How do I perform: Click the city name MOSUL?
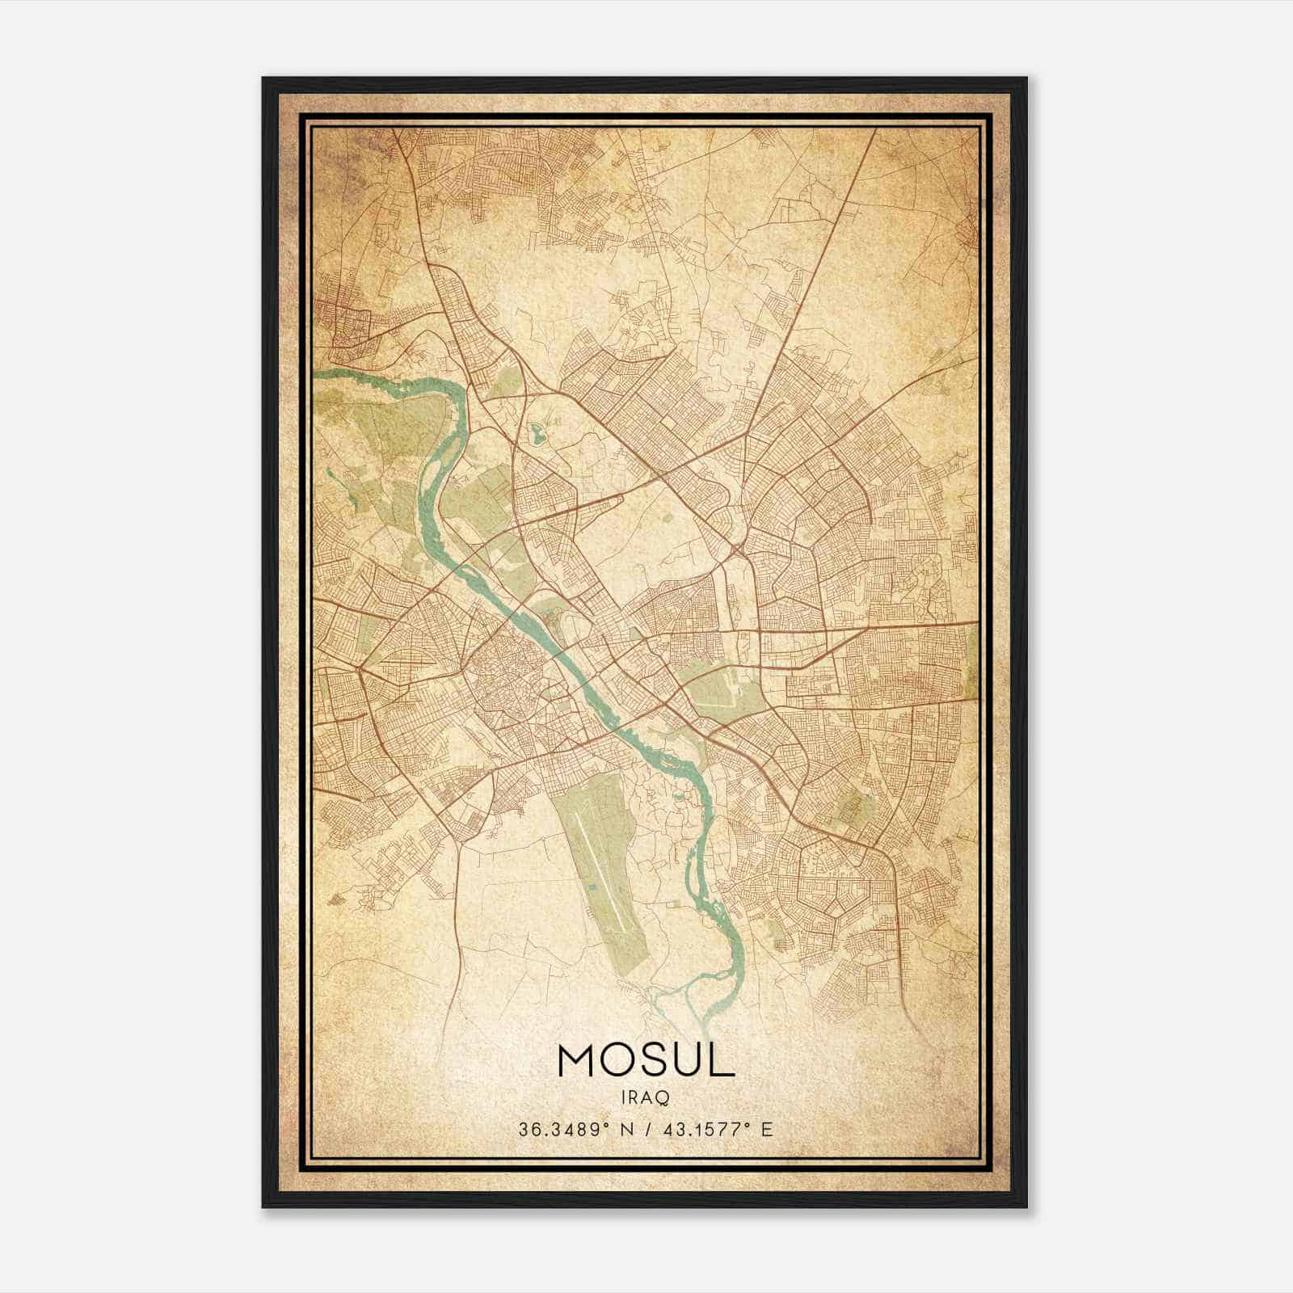646,1060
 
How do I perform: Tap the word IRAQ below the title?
646,1097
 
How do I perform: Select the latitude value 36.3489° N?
575,1129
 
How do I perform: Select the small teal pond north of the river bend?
537,435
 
